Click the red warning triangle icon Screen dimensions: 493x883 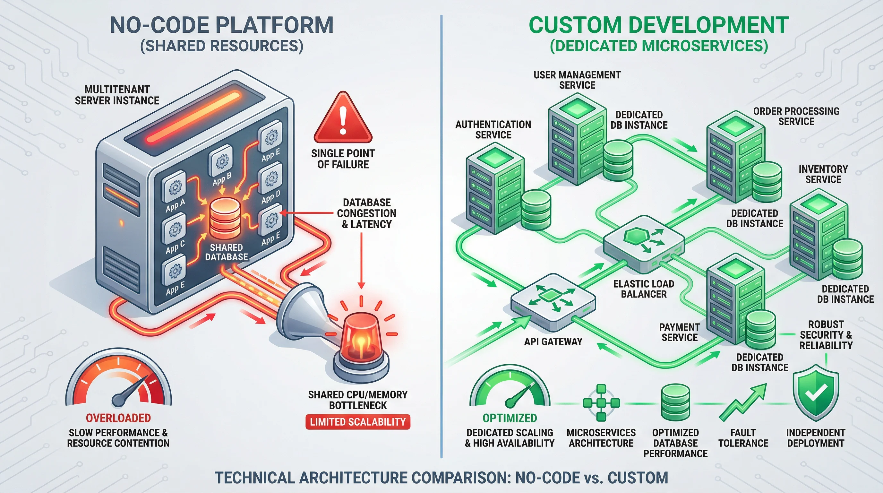[342, 120]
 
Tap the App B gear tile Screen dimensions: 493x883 [221, 161]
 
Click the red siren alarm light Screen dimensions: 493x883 [361, 339]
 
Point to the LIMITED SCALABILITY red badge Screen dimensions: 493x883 [357, 422]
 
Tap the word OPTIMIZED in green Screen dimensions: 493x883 [510, 418]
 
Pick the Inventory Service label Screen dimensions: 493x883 [823, 174]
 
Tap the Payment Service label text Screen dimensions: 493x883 [679, 332]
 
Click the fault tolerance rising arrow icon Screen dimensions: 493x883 [743, 403]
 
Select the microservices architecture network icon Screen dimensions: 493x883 [601, 403]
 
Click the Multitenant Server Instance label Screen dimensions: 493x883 [117, 95]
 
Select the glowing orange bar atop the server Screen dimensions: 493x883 [194, 117]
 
